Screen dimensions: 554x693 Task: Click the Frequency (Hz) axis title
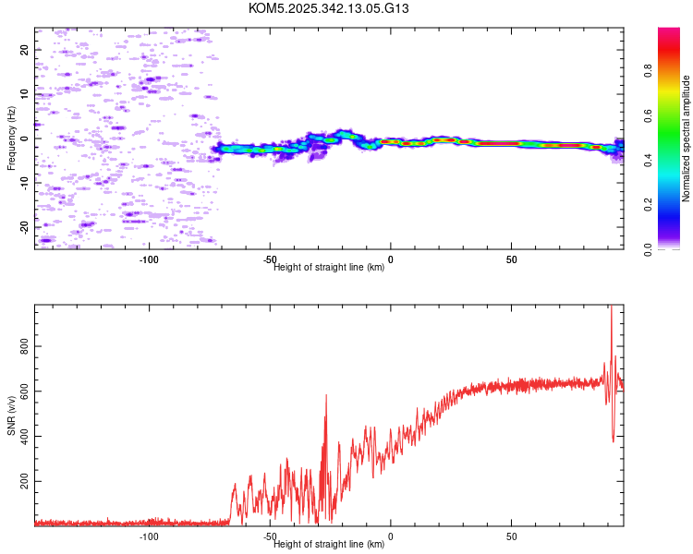(11, 138)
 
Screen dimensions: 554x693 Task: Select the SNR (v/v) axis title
(11, 416)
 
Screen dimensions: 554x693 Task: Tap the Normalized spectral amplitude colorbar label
(686, 138)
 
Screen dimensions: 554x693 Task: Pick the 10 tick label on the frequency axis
(24, 94)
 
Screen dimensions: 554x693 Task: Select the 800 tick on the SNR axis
(24, 346)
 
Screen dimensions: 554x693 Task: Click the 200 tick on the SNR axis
(24, 482)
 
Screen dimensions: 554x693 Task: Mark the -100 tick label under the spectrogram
(149, 259)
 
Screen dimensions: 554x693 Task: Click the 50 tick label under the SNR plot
(511, 536)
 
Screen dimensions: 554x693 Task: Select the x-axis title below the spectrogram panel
(329, 268)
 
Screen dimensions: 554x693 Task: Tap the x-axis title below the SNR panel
(329, 545)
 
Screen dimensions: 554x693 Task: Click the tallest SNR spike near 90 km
(611, 308)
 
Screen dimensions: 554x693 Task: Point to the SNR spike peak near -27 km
(325, 395)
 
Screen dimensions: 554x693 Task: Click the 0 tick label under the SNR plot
(390, 536)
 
